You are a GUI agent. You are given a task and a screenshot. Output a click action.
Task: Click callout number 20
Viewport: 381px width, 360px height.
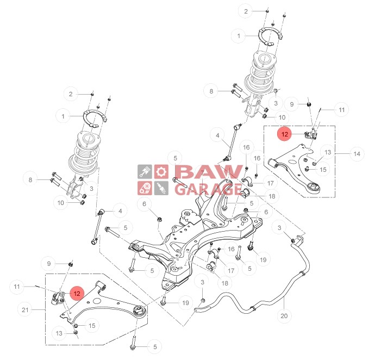point(284,315)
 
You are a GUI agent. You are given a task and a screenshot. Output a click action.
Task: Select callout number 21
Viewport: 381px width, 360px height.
point(25,310)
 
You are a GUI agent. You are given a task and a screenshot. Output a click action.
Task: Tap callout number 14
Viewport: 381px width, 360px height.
point(357,154)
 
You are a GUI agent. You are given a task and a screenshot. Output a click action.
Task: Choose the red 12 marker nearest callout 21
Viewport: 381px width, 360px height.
point(77,293)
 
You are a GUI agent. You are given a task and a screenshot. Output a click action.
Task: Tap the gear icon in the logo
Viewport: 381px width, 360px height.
point(160,172)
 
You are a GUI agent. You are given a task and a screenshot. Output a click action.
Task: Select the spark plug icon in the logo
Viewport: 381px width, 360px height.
point(160,188)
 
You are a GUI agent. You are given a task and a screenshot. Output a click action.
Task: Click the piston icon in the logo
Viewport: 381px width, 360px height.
point(144,172)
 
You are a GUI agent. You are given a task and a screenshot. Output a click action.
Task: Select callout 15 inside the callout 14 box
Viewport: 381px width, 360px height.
point(324,170)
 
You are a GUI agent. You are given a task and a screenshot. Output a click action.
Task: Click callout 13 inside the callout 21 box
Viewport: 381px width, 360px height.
point(59,332)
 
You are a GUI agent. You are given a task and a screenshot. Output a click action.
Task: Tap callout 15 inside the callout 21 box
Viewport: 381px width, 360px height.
point(92,325)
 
